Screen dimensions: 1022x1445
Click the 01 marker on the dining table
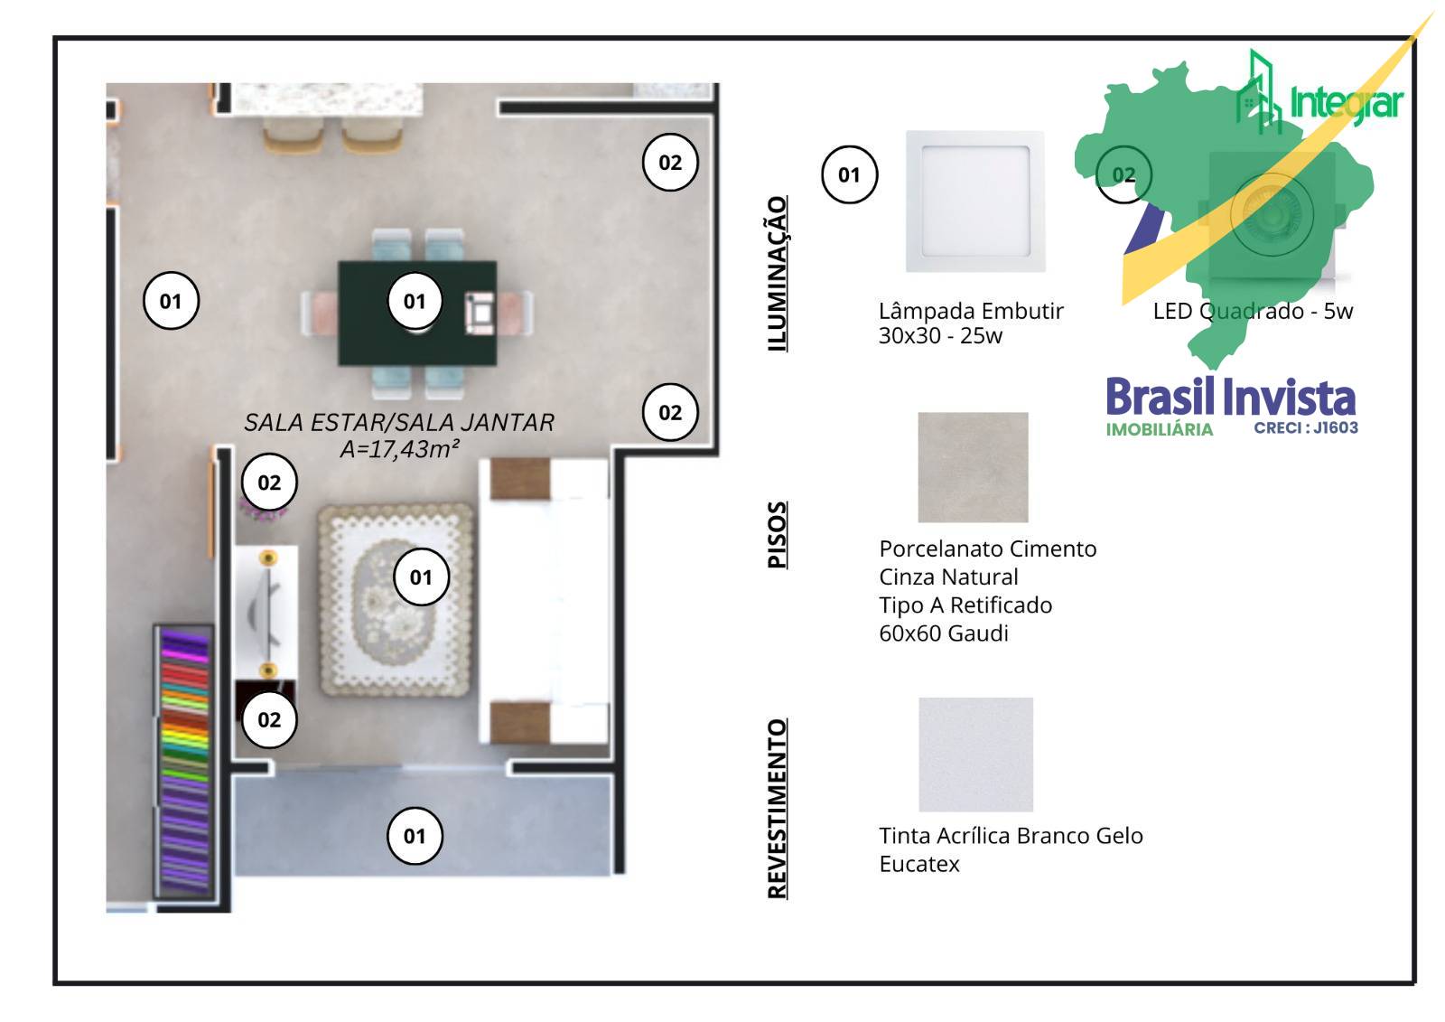point(415,301)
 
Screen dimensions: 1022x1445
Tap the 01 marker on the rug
point(421,577)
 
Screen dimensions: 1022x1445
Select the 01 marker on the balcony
point(415,836)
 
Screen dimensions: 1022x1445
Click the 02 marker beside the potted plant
point(269,483)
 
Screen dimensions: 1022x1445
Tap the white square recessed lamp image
point(975,201)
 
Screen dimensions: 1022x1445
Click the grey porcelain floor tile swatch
point(973,467)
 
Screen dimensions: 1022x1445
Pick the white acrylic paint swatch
point(975,755)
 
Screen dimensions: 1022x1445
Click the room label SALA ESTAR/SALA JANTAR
point(399,422)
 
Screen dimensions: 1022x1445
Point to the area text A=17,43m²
point(399,449)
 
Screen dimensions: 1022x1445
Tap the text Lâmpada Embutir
point(971,311)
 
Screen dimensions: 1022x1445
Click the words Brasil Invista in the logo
point(1230,397)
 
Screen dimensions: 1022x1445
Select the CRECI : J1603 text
point(1306,427)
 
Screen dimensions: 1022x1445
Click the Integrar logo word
point(1347,103)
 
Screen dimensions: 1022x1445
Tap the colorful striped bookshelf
point(184,759)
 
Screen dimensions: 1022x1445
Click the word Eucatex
point(919,864)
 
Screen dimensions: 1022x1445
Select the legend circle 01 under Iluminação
point(849,174)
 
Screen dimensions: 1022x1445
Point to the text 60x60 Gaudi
point(944,633)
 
